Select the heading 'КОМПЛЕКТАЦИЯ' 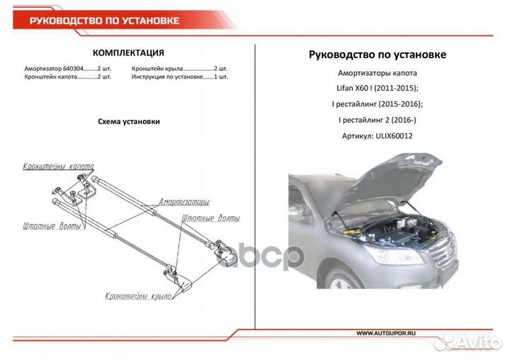pyautogui.click(x=129, y=52)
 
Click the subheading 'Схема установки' pyautogui.click(x=128, y=121)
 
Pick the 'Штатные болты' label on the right pyautogui.click(x=210, y=218)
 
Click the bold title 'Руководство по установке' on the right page pyautogui.click(x=378, y=55)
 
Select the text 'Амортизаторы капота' pyautogui.click(x=378, y=74)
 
